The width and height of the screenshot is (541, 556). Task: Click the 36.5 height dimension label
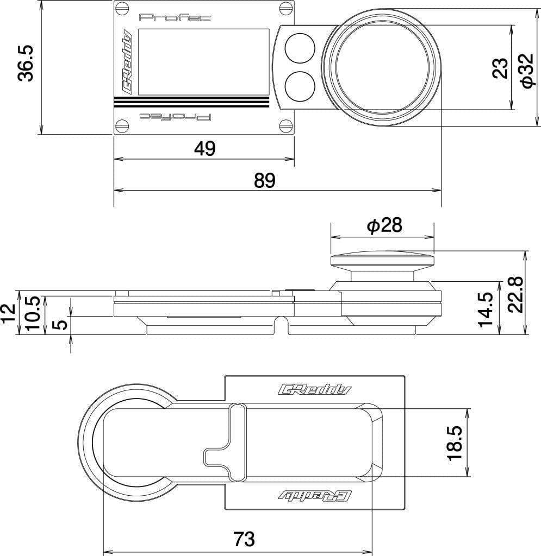pos(26,63)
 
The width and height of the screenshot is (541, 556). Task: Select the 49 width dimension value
pos(204,148)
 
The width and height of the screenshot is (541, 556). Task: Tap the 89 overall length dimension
pos(265,181)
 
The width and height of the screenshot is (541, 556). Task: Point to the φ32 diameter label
pos(527,71)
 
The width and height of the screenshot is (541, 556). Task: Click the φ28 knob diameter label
pos(385,226)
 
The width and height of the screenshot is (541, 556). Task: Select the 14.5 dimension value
pos(485,308)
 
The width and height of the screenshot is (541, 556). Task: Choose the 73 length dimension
pos(244,539)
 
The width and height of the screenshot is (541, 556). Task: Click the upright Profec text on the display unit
pos(175,18)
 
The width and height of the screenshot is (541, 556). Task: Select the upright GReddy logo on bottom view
pos(315,389)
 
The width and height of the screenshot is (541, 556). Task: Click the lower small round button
pos(300,87)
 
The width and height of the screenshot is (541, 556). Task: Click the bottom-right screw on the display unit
pos(286,126)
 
